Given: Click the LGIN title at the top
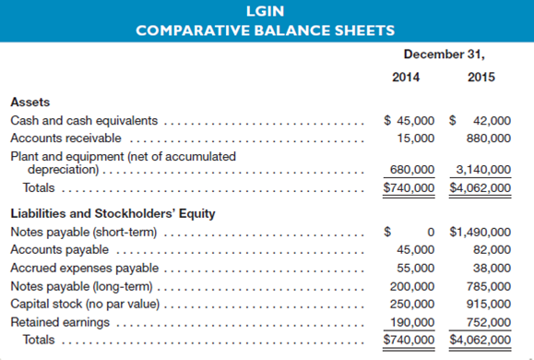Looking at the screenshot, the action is point(266,12).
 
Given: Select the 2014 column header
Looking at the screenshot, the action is point(406,77).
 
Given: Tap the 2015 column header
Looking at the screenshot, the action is point(481,77).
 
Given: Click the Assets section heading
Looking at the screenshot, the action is point(30,102).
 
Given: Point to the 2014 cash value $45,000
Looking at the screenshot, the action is point(409,120).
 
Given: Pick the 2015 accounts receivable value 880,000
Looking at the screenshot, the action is point(488,138).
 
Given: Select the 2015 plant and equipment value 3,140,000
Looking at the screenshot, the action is point(483,170).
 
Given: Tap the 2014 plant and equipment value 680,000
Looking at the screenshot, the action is point(412,170).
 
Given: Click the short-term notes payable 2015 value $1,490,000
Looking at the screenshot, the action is point(480,232).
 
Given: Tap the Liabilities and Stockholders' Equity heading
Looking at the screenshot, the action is point(113,214).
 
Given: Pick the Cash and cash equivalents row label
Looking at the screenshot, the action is point(84,120).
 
